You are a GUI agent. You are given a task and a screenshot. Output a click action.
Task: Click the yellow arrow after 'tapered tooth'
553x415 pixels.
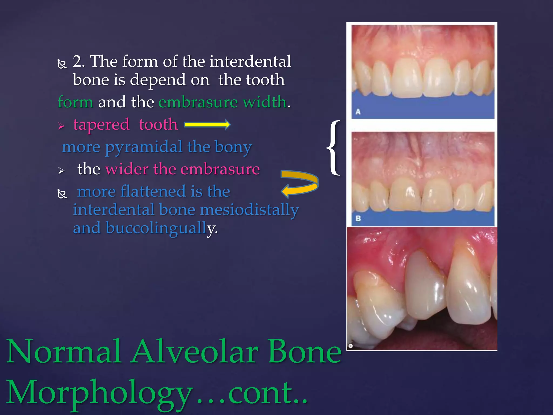207,124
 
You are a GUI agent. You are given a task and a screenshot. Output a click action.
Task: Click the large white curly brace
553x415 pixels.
334,148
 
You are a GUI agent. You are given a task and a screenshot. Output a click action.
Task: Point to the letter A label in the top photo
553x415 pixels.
358,112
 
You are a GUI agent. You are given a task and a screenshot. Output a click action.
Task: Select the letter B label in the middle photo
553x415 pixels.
358,218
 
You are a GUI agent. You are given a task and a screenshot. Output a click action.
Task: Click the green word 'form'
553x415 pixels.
75,102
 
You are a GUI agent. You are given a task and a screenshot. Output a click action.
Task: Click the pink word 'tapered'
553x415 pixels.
101,125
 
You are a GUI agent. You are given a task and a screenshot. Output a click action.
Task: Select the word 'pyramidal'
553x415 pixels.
144,147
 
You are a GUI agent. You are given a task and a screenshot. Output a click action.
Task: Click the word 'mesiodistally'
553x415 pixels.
249,210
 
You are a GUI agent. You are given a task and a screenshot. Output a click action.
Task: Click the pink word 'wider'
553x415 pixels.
127,169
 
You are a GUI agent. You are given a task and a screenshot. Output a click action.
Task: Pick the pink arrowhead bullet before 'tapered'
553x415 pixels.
61,126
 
